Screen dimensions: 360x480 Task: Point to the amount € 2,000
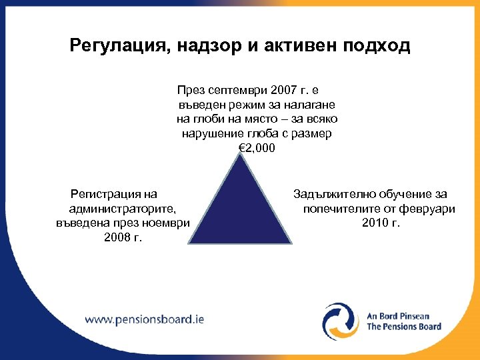[256, 148]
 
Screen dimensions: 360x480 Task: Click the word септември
[233, 90]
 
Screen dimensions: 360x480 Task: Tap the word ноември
[169, 223]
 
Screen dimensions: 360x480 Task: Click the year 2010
[375, 223]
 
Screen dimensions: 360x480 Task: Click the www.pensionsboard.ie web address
[145, 319]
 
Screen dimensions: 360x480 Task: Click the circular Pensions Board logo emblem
[341, 321]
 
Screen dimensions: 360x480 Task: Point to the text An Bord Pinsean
[399, 315]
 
